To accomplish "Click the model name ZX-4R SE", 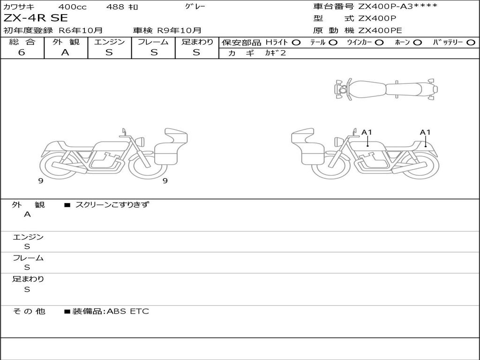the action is [36, 18].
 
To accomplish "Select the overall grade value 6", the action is [22, 52].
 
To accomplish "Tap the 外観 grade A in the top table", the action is [65, 52].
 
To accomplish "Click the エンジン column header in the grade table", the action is [109, 42].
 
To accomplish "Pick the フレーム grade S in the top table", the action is [154, 52].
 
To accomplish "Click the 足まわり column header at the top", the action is [197, 42].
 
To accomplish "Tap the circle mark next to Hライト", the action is [296, 43].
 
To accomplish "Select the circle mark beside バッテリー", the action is [471, 43].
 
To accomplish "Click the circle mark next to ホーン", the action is [418, 43].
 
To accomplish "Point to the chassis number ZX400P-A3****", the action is [397, 7].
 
